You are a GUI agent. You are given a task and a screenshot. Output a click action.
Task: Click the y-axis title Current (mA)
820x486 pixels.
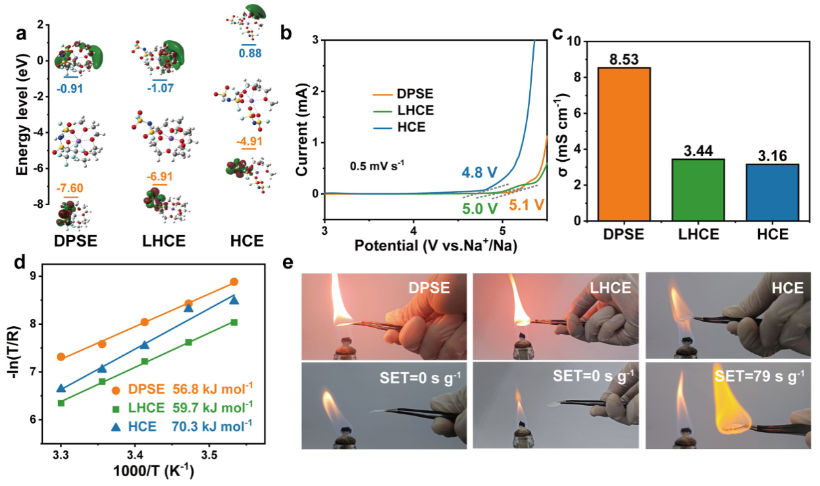[301, 116]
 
